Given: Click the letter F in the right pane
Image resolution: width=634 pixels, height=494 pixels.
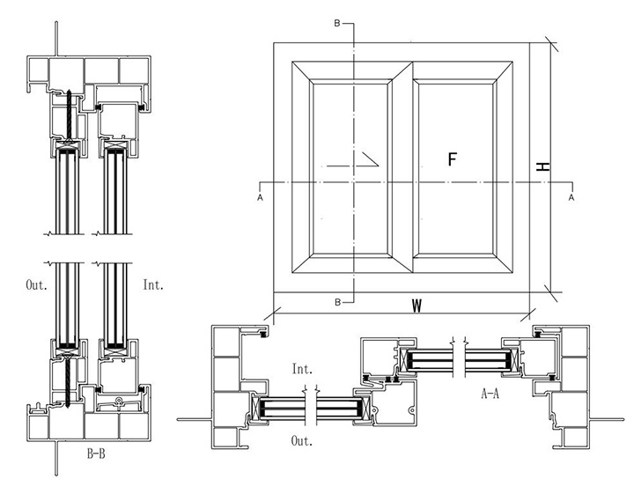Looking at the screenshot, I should tap(453, 159).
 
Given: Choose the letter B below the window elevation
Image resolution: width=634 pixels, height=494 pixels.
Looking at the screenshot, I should tap(337, 303).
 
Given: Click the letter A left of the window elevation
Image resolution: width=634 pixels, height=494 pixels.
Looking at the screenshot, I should tap(261, 198).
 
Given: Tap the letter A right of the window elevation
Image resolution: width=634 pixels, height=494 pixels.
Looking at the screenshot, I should tap(572, 198).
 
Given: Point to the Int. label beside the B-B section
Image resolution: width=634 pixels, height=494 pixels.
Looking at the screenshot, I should tap(153, 284).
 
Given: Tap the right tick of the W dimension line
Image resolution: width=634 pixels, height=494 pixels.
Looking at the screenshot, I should tap(529, 313).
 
